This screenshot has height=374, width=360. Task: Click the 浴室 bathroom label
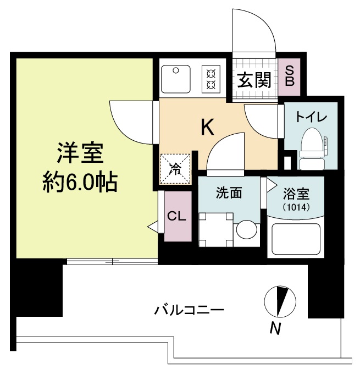[296, 194]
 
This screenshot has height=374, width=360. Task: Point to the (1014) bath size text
[296, 208]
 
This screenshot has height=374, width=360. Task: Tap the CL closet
[176, 216]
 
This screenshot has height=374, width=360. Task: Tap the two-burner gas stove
[211, 79]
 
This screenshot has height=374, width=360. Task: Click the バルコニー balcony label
[189, 310]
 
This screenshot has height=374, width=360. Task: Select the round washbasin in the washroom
[246, 230]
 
